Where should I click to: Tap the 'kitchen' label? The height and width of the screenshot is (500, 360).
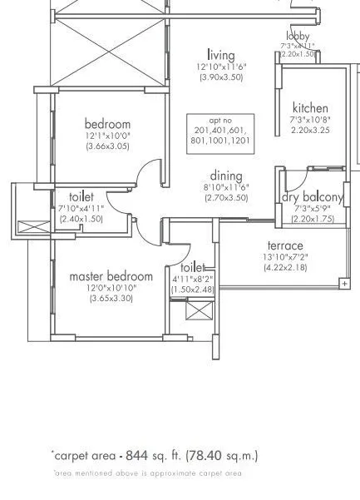point(309,108)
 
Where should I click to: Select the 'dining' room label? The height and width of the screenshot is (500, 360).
point(226,176)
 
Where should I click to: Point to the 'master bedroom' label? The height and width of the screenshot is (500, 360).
point(111,275)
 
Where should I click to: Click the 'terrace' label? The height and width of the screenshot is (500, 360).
point(285,245)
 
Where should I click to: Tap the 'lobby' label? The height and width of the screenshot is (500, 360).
point(298,36)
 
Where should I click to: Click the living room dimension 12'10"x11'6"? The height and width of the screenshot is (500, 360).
point(221,66)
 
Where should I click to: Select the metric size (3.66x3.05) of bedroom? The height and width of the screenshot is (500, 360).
point(107,146)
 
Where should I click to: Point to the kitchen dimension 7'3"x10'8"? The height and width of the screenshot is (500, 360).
point(309,120)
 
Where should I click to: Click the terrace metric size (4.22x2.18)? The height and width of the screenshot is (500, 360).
point(285,267)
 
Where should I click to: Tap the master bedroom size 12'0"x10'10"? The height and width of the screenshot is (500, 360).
point(111,287)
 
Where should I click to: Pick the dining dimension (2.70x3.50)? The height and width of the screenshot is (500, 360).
point(226,198)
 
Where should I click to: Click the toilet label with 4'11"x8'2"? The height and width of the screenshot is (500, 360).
point(193,268)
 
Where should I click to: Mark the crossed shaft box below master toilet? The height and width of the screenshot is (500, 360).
point(200,314)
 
